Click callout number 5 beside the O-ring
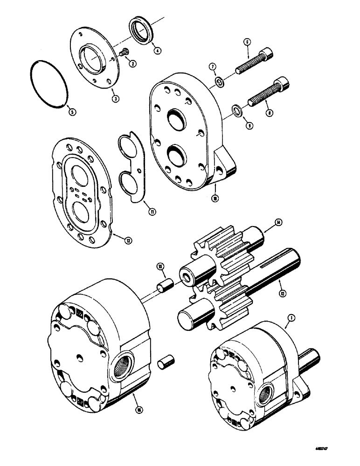click(71, 111)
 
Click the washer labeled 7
click(218, 82)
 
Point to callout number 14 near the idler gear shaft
click(278, 221)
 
